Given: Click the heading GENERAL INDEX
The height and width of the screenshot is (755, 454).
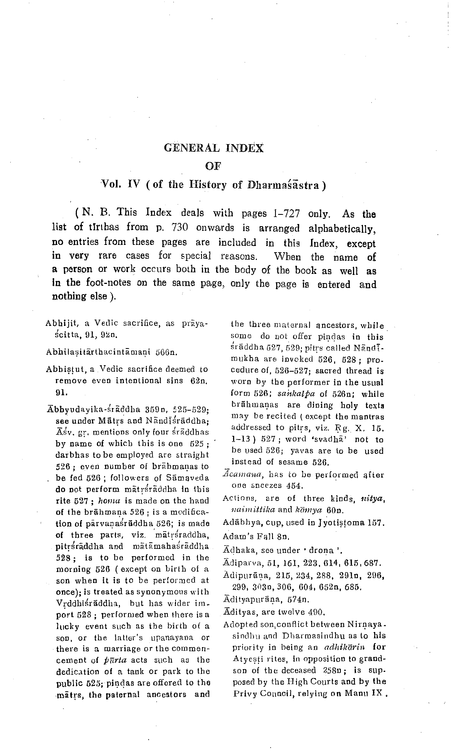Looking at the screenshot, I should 214,148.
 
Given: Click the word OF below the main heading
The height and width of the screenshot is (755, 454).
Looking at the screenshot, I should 213,166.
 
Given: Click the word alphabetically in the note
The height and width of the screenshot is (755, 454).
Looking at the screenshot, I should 342,229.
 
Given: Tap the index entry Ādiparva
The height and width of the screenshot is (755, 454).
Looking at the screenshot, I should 240,563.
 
